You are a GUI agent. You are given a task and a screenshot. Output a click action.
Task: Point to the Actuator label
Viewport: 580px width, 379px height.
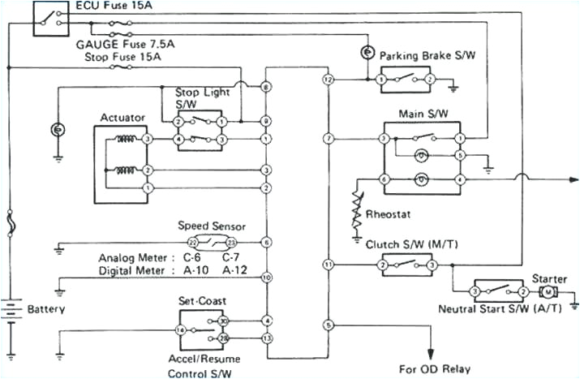pos(122,118)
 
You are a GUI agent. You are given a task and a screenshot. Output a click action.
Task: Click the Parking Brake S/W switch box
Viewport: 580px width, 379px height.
pos(405,80)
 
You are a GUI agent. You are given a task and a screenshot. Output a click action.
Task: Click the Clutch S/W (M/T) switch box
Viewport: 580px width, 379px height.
pos(406,265)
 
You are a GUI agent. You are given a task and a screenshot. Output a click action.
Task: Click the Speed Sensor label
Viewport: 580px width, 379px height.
pos(211,226)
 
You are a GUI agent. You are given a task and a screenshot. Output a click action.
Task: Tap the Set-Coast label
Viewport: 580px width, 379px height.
pos(201,299)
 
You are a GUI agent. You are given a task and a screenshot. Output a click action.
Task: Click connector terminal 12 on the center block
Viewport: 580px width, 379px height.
pos(328,80)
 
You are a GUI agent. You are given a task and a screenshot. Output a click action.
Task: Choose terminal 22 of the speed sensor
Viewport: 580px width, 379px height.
pos(192,243)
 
